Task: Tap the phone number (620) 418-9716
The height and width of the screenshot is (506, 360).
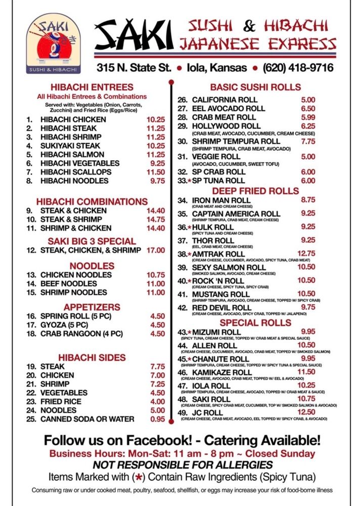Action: (298, 67)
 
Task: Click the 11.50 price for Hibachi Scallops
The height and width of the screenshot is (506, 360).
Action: (156, 172)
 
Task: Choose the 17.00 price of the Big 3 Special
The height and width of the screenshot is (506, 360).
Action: (156, 250)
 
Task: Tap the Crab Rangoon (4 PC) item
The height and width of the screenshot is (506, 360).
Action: (81, 333)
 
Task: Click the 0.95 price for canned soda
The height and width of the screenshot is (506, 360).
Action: (157, 419)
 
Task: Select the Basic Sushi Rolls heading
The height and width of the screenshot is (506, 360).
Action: (255, 87)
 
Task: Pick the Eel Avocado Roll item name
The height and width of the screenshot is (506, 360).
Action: (228, 108)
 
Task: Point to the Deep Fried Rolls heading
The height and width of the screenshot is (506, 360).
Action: (255, 191)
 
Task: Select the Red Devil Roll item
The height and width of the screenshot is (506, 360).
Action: (221, 307)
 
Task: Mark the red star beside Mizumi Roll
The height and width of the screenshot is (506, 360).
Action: (189, 332)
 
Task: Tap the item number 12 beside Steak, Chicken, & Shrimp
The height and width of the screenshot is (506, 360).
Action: (31, 250)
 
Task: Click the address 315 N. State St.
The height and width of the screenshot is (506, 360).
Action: (134, 67)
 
